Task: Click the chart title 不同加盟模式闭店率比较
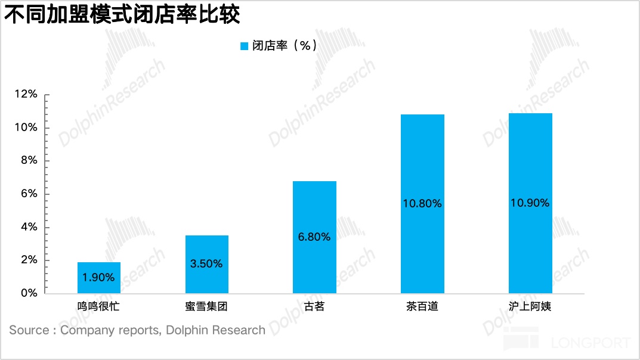point(122,14)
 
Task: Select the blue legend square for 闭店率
point(244,46)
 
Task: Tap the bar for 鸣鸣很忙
point(99,278)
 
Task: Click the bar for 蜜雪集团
point(207,264)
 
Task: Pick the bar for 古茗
point(314,237)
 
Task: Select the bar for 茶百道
point(422,204)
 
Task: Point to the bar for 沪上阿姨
point(530,203)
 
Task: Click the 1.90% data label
point(99,278)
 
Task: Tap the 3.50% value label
point(207,263)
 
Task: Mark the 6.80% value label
point(314,237)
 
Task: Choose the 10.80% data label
point(422,204)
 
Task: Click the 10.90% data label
point(530,203)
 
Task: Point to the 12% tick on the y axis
point(26,95)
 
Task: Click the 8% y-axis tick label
point(29,161)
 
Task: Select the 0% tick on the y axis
point(29,293)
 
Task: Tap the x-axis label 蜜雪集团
point(207,308)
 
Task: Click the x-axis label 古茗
point(314,308)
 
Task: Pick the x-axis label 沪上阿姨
point(530,308)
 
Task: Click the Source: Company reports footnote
point(137,330)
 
